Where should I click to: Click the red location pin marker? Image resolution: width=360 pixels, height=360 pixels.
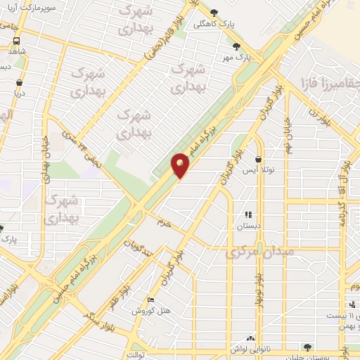181,165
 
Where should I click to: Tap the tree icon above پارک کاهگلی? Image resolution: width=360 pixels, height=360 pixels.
214,12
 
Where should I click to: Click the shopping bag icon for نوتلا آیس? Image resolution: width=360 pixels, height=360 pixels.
259,160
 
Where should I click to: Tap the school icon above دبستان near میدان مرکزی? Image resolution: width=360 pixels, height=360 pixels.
247,214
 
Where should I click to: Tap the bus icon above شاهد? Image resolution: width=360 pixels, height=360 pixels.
15,41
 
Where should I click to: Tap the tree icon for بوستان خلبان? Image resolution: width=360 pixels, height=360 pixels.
307,347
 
